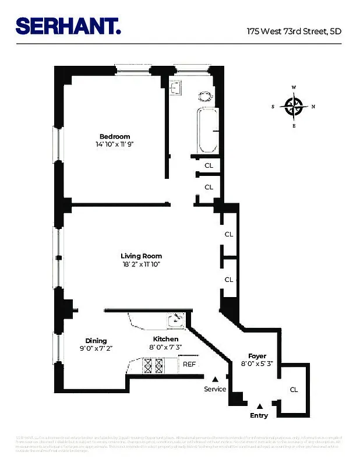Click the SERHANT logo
pyautogui.click(x=68, y=26)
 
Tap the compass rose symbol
pyautogui.click(x=294, y=106)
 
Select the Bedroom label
pyautogui.click(x=114, y=137)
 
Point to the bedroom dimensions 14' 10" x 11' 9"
pyautogui.click(x=118, y=144)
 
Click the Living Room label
pyautogui.click(x=141, y=256)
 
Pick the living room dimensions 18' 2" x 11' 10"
pyautogui.click(x=141, y=264)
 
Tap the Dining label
pyautogui.click(x=96, y=341)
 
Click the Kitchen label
pyautogui.click(x=165, y=339)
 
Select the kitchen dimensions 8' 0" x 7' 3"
pyautogui.click(x=165, y=348)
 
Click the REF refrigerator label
pyautogui.click(x=189, y=364)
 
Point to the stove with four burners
pyautogui.click(x=153, y=365)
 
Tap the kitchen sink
pyautogui.click(x=175, y=320)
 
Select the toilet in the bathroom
pyautogui.click(x=205, y=96)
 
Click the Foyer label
pyautogui.click(x=257, y=356)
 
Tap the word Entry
pyautogui.click(x=259, y=415)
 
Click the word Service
pyautogui.click(x=215, y=389)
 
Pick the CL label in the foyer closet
pyautogui.click(x=294, y=390)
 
